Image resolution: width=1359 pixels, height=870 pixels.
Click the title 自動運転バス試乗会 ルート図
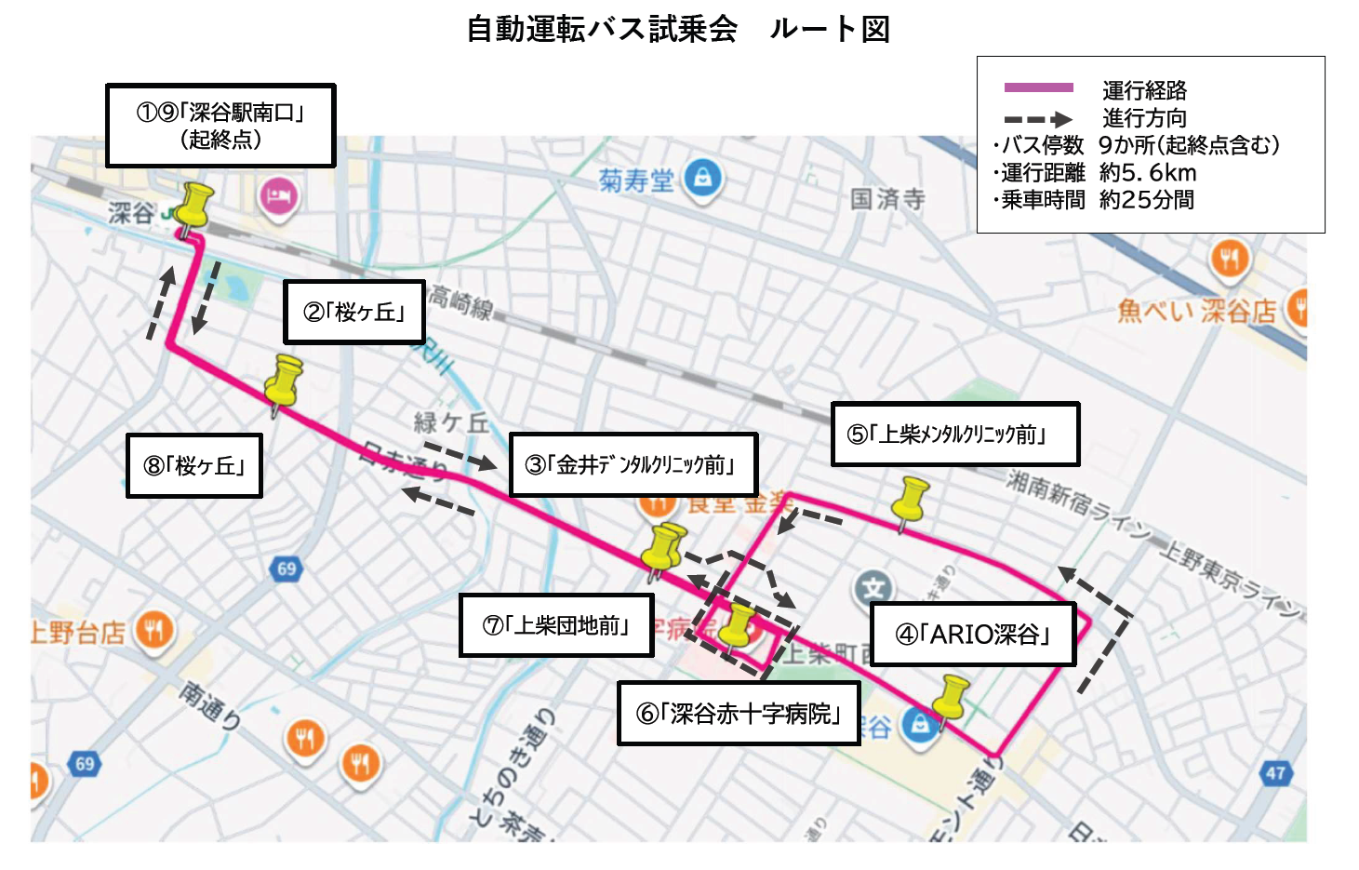tap(677, 30)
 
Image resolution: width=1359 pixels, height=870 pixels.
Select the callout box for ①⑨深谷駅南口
tap(220, 126)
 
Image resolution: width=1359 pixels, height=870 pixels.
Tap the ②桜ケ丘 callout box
tap(354, 312)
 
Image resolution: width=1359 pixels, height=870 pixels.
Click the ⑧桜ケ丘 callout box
tap(194, 465)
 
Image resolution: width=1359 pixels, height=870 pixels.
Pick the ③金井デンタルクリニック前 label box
tap(633, 464)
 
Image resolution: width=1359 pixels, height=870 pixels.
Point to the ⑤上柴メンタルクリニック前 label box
tap(954, 434)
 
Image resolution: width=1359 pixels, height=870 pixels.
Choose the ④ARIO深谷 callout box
tap(972, 634)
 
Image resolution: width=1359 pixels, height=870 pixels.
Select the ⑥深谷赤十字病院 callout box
tap(739, 713)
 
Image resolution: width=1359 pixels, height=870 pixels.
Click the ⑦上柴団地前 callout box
tap(556, 625)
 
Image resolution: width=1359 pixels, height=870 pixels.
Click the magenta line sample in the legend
tap(1038, 88)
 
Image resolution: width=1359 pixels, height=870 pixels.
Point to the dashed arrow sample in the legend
tap(1038, 119)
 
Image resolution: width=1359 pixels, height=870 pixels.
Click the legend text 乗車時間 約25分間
tap(1096, 200)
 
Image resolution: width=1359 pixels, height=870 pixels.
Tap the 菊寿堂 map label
tap(636, 180)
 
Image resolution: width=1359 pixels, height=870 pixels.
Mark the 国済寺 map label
tap(887, 198)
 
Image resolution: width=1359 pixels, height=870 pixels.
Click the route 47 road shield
tap(1275, 772)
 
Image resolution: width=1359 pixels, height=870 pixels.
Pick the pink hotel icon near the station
tap(278, 196)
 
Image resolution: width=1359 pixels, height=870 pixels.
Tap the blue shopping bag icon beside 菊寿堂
tap(703, 177)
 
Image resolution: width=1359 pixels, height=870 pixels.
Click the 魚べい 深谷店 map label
tap(1196, 311)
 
